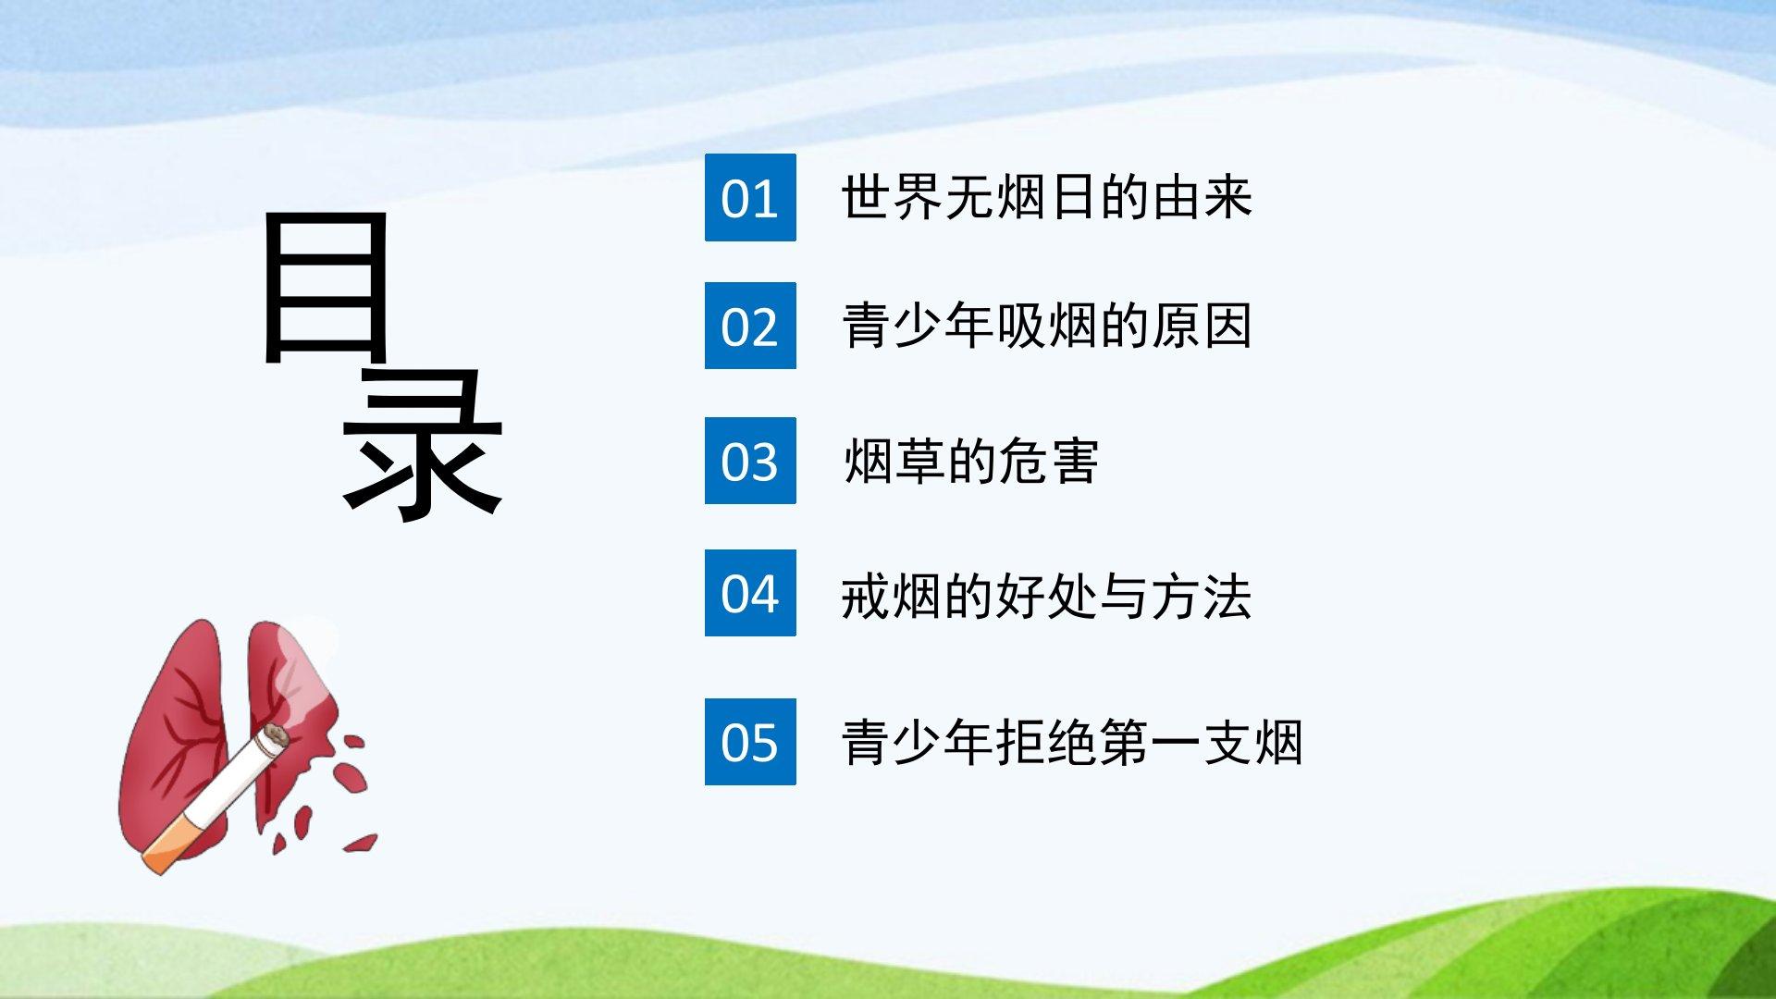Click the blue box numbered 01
pyautogui.click(x=750, y=197)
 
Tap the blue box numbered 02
pyautogui.click(x=750, y=326)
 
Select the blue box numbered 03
pyautogui.click(x=750, y=461)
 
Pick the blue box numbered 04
pyautogui.click(x=750, y=593)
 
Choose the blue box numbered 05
pyautogui.click(x=750, y=742)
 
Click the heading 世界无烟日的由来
pyautogui.click(x=1047, y=197)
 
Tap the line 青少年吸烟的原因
pyautogui.click(x=1047, y=326)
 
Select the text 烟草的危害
pyautogui.click(x=970, y=461)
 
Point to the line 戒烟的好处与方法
pyautogui.click(x=1047, y=596)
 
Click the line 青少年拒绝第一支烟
pyautogui.click(x=1073, y=742)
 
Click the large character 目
pyautogui.click(x=325, y=287)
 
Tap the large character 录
pyautogui.click(x=423, y=442)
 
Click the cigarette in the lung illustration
pyautogui.click(x=216, y=799)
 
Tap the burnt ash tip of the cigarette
pyautogui.click(x=275, y=737)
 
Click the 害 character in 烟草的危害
pyautogui.click(x=1074, y=461)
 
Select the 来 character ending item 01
pyautogui.click(x=1227, y=197)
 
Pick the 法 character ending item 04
pyautogui.click(x=1227, y=596)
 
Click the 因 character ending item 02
pyautogui.click(x=1227, y=326)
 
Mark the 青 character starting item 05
pyautogui.click(x=867, y=742)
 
